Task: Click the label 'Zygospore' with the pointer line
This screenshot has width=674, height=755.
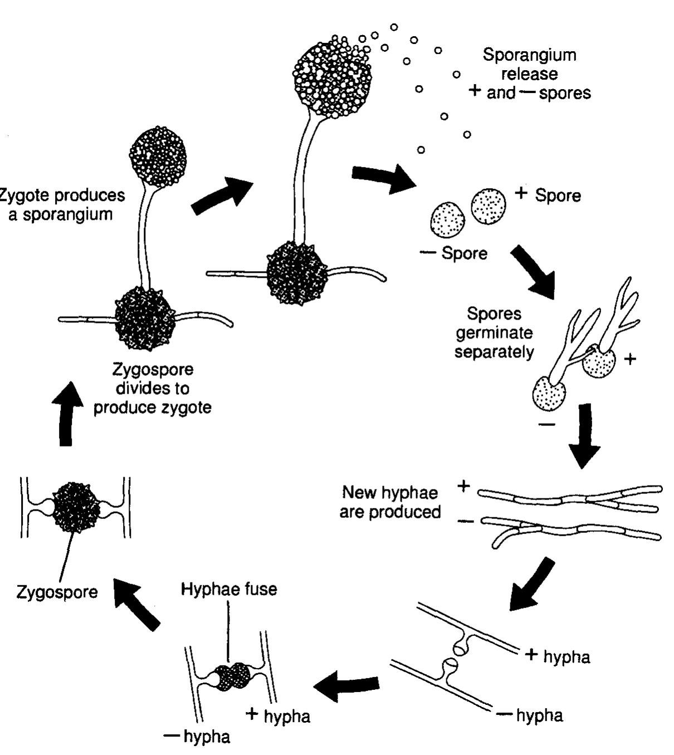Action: (x=57, y=591)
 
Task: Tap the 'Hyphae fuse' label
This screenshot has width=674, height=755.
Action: (x=229, y=589)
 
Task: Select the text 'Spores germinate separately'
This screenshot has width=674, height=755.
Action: (x=494, y=332)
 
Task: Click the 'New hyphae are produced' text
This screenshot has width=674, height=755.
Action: (x=390, y=502)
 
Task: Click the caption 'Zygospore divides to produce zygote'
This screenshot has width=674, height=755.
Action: (x=153, y=388)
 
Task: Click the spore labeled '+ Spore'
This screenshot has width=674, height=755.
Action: (x=489, y=206)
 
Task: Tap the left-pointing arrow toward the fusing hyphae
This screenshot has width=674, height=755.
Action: (x=347, y=685)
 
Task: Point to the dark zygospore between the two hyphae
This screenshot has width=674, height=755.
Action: (x=76, y=507)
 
